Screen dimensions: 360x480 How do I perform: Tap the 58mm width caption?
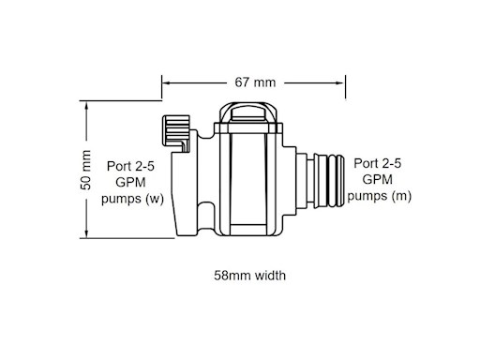[x=249, y=276]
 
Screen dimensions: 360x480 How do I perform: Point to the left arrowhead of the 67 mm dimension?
[x=167, y=82]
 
